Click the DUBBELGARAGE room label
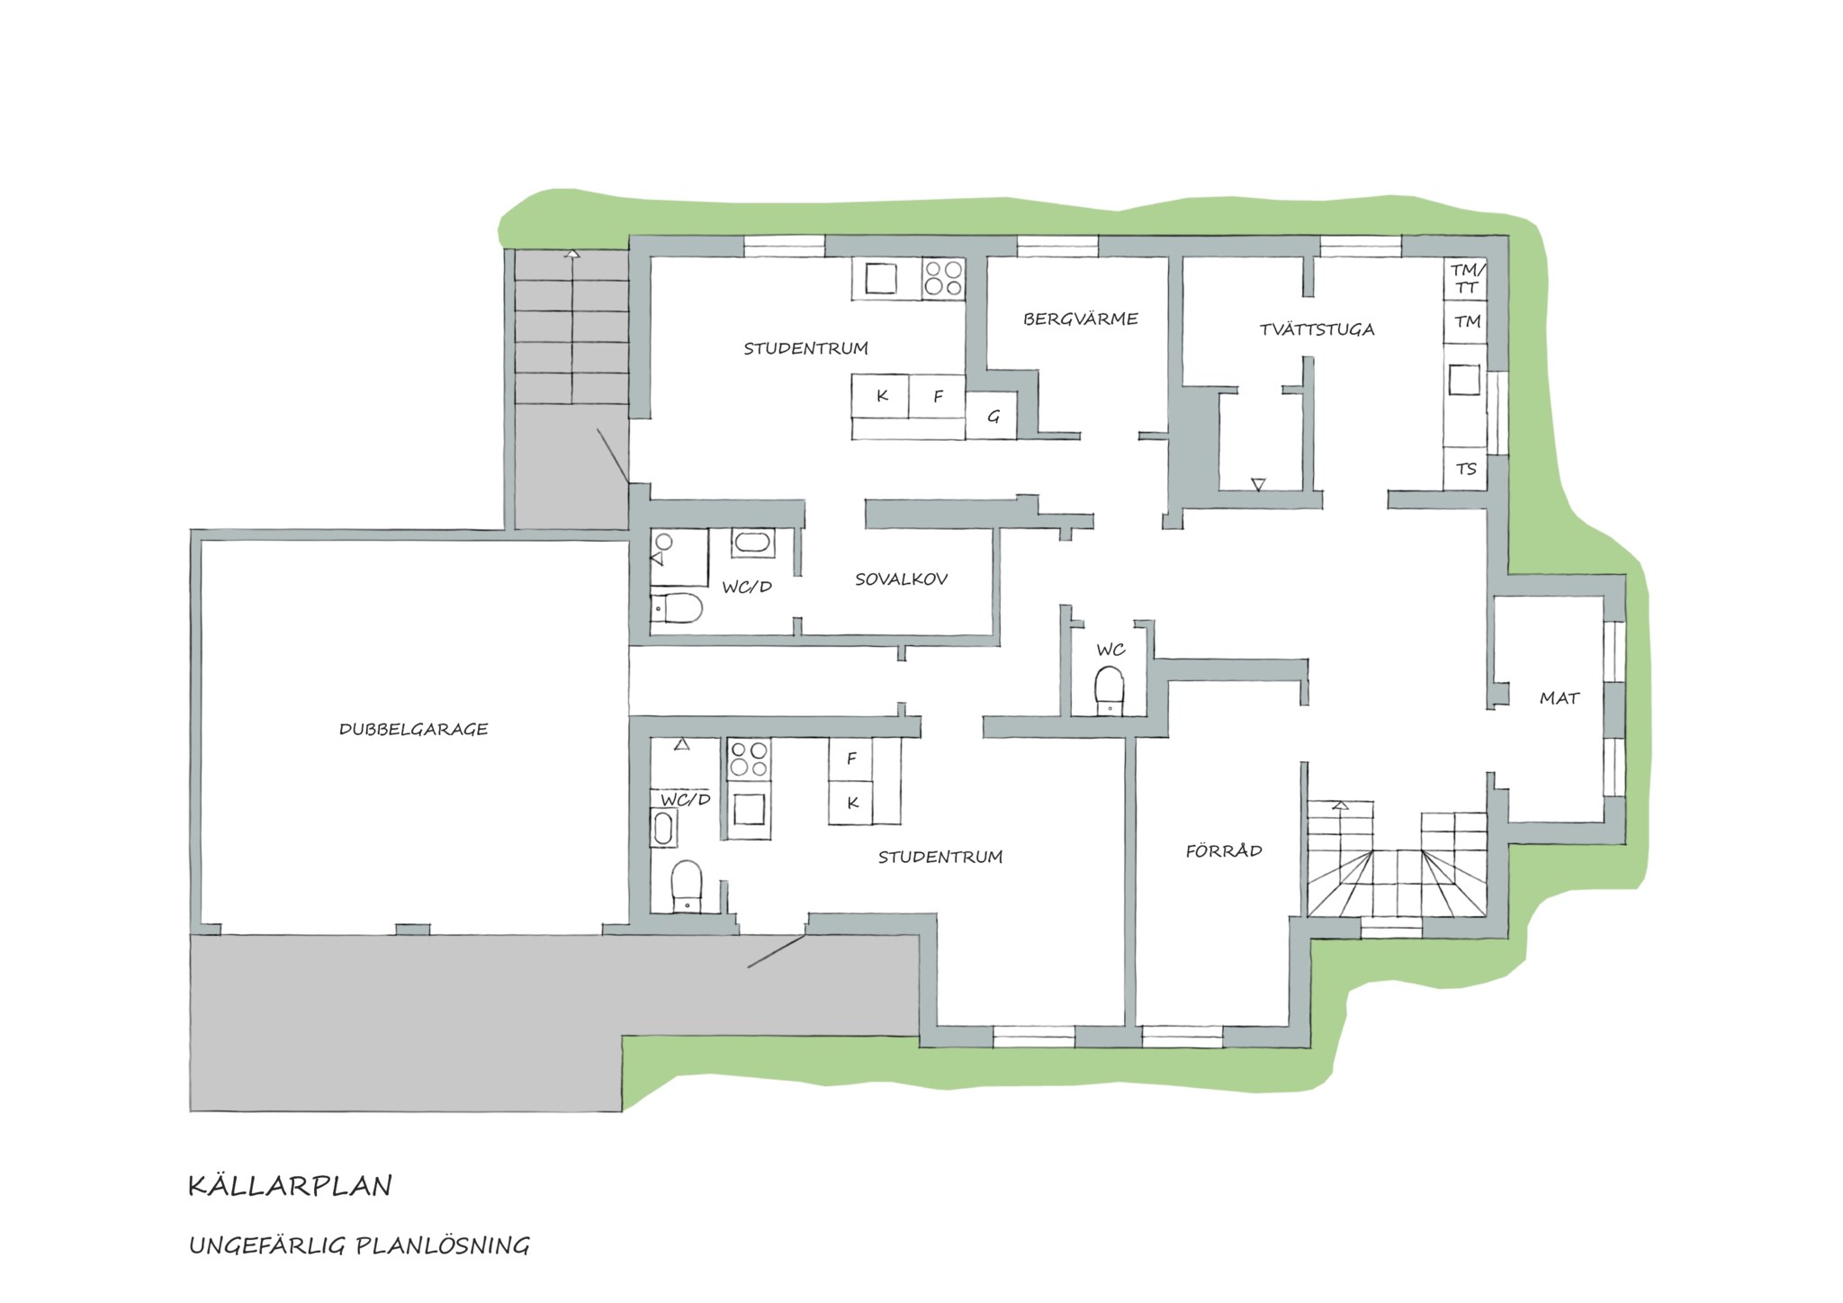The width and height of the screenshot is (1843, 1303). click(x=413, y=729)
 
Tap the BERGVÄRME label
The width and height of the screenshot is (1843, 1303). click(x=1080, y=319)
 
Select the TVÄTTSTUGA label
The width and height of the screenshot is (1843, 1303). click(x=1317, y=329)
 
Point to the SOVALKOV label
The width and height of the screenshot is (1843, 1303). click(x=901, y=580)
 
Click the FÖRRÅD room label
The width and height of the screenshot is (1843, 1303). click(x=1224, y=850)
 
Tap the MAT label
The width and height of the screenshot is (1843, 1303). click(x=1560, y=698)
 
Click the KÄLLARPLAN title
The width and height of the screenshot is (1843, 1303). click(x=290, y=1186)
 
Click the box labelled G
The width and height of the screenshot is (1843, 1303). click(x=992, y=417)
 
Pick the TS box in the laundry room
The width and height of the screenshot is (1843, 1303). click(x=1466, y=469)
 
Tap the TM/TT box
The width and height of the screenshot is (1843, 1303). click(x=1466, y=279)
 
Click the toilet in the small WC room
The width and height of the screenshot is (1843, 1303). click(x=1110, y=690)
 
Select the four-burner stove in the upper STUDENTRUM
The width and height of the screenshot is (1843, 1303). click(x=943, y=277)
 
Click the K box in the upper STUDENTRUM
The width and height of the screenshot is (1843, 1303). click(x=881, y=396)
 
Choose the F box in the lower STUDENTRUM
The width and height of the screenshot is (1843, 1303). click(x=852, y=759)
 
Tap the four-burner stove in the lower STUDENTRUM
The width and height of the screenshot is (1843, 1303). click(x=750, y=759)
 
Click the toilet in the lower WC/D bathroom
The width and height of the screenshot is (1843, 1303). click(x=687, y=885)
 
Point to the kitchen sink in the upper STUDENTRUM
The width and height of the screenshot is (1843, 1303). click(x=881, y=278)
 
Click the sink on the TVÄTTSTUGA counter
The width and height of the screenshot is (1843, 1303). click(x=1464, y=380)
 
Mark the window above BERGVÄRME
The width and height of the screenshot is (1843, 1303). click(x=1057, y=247)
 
